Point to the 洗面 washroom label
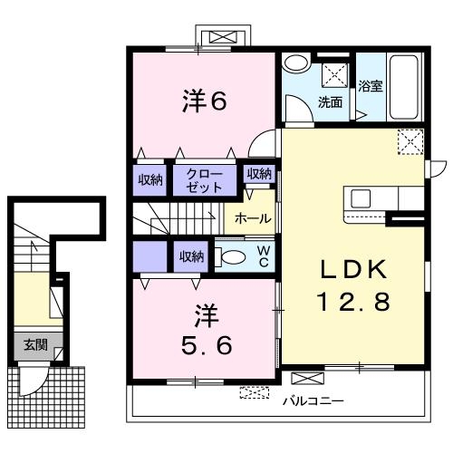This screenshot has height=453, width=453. click(330, 102)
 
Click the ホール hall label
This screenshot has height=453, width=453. click(250, 219)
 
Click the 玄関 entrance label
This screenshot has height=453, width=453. click(36, 344)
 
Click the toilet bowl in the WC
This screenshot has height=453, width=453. click(233, 257)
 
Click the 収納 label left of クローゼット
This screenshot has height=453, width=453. click(150, 179)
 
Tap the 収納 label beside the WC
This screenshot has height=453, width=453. click(190, 257)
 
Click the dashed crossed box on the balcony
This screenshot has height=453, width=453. click(255, 392)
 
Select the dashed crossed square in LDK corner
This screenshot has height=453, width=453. click(410, 142)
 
